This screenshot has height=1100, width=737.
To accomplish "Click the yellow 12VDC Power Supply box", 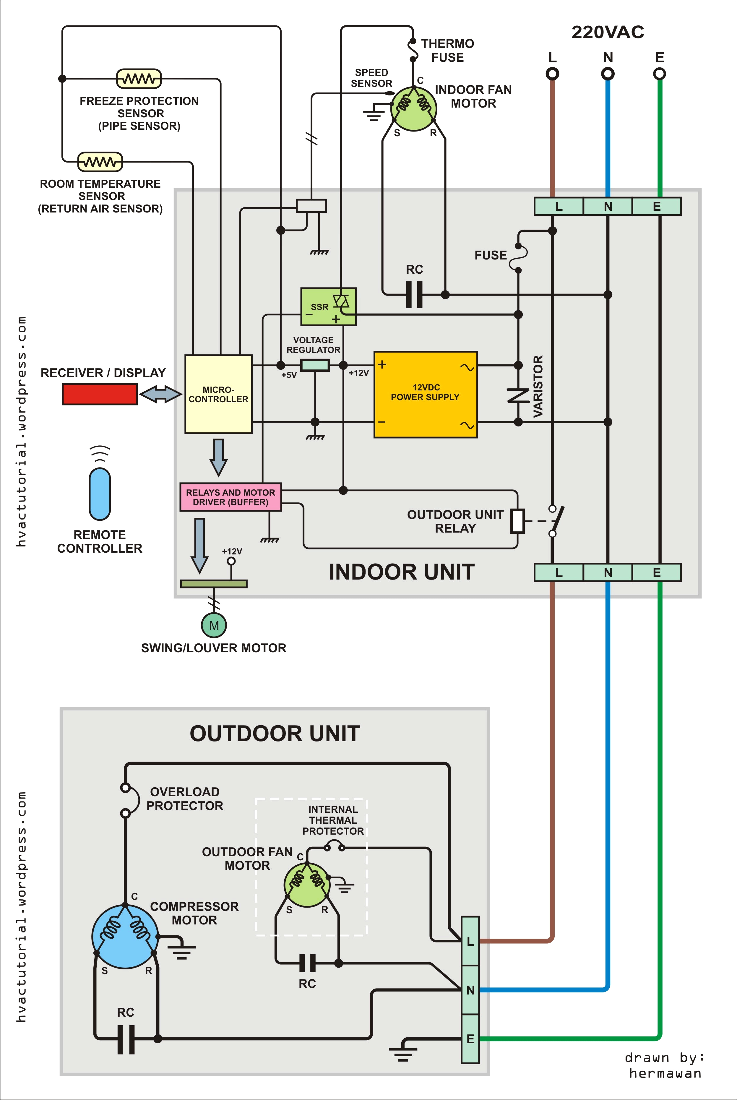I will pos(425,395).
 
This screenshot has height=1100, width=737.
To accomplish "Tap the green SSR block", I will pos(328,306).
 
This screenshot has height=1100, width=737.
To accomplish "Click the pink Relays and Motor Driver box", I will pos(230,497).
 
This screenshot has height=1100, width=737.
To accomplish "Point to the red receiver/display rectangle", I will pos(100,394).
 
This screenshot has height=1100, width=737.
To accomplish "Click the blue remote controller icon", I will pos(100,494).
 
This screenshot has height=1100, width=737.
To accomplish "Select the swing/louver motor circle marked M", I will pos(214,625).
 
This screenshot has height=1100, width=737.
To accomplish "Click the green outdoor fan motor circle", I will pos(307,885).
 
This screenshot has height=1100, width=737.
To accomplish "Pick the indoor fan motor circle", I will pos(414,108).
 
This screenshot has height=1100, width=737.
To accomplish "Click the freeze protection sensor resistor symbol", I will pos(139,79).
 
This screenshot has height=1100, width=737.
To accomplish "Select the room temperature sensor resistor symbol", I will pos(100,162).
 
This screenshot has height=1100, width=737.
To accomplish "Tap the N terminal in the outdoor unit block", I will pos(470,990).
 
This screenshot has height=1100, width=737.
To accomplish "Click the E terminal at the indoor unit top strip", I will pos(657,206).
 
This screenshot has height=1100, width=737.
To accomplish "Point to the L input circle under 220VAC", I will pos(552,74).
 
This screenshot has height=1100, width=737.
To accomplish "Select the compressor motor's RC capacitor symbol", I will pos(126,1039).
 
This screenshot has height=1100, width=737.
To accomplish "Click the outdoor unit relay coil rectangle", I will pos(517,520).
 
